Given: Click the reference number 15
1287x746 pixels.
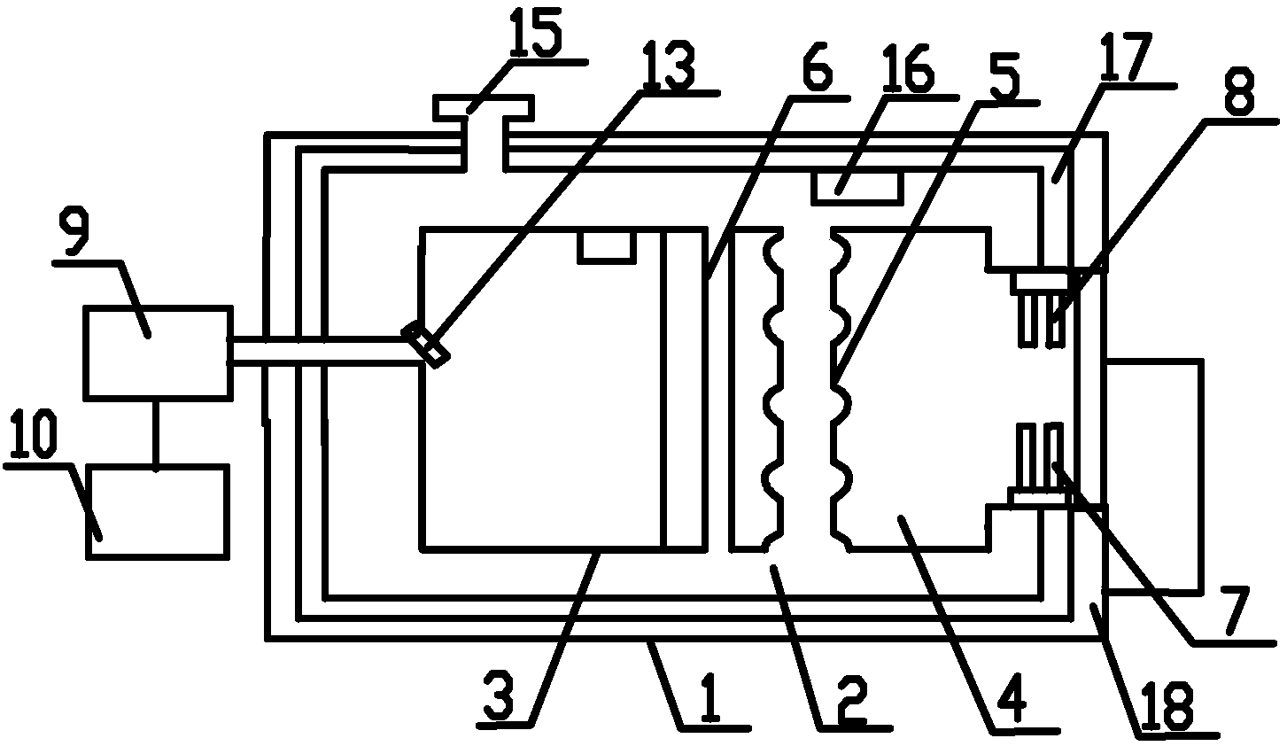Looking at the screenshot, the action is coord(536,33).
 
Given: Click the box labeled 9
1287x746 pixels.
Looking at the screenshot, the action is coord(157,351).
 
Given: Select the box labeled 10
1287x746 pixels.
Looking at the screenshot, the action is coord(158,511).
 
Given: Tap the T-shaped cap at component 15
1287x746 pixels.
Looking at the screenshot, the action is coord(483,108).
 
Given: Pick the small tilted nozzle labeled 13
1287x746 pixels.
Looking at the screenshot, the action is coord(427,346).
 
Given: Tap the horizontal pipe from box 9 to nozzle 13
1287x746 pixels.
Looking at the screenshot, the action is coord(319,350).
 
